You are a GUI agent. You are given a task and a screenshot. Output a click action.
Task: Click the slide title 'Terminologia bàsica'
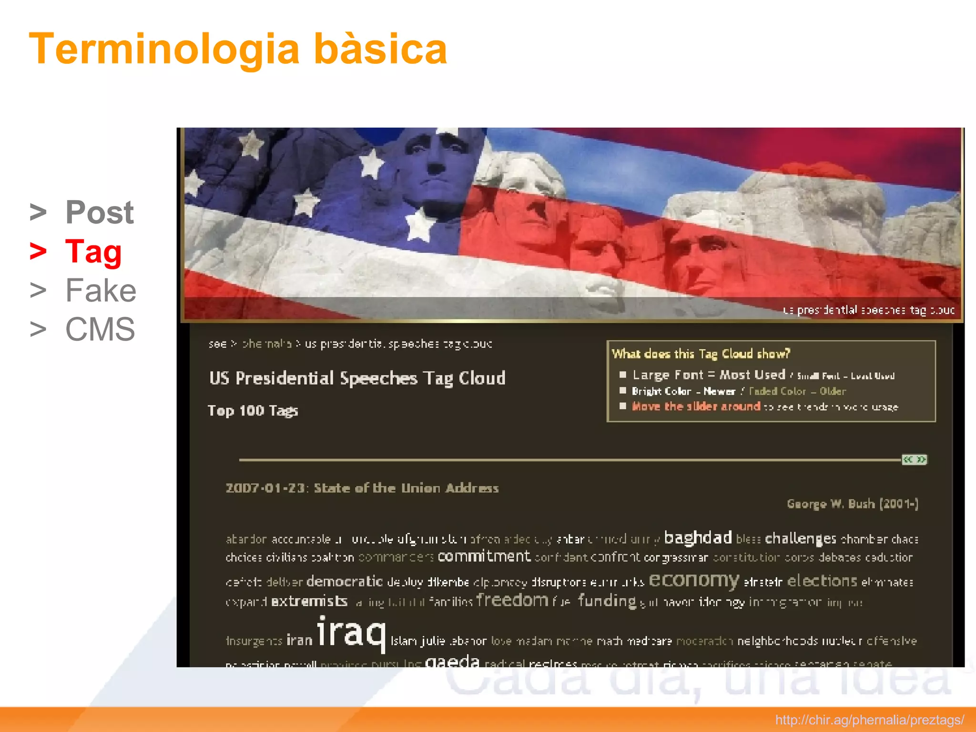[x=238, y=49]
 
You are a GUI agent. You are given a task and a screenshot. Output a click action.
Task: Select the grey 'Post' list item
[x=99, y=212]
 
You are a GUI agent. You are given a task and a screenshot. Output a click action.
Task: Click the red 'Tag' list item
[x=93, y=251]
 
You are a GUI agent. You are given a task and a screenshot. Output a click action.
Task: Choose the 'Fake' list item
[x=101, y=290]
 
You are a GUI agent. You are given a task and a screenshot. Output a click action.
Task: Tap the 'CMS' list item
[x=100, y=329]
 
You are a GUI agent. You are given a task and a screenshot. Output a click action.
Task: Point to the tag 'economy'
[x=693, y=580]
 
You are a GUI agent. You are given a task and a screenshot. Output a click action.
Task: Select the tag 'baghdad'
[x=698, y=538]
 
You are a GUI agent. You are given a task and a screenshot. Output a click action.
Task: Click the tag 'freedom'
[x=512, y=600]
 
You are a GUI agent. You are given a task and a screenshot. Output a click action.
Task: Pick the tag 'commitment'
[x=484, y=556]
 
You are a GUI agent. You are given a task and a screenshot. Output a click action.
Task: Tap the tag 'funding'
[x=607, y=601]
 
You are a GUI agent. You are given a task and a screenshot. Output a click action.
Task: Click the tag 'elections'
[x=822, y=581]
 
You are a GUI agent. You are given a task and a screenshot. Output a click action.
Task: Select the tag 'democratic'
[x=344, y=581]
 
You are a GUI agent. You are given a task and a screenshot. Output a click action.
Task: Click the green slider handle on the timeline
[x=914, y=459]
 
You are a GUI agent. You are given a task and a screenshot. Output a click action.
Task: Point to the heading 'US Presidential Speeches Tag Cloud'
[x=357, y=378]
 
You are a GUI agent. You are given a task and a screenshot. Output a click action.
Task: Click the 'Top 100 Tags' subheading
[x=253, y=411]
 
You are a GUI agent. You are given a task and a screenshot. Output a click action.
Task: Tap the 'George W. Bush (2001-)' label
[x=852, y=504]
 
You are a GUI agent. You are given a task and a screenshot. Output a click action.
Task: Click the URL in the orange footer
[x=869, y=720]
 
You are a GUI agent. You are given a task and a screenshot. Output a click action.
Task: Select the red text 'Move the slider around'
[x=695, y=407]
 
